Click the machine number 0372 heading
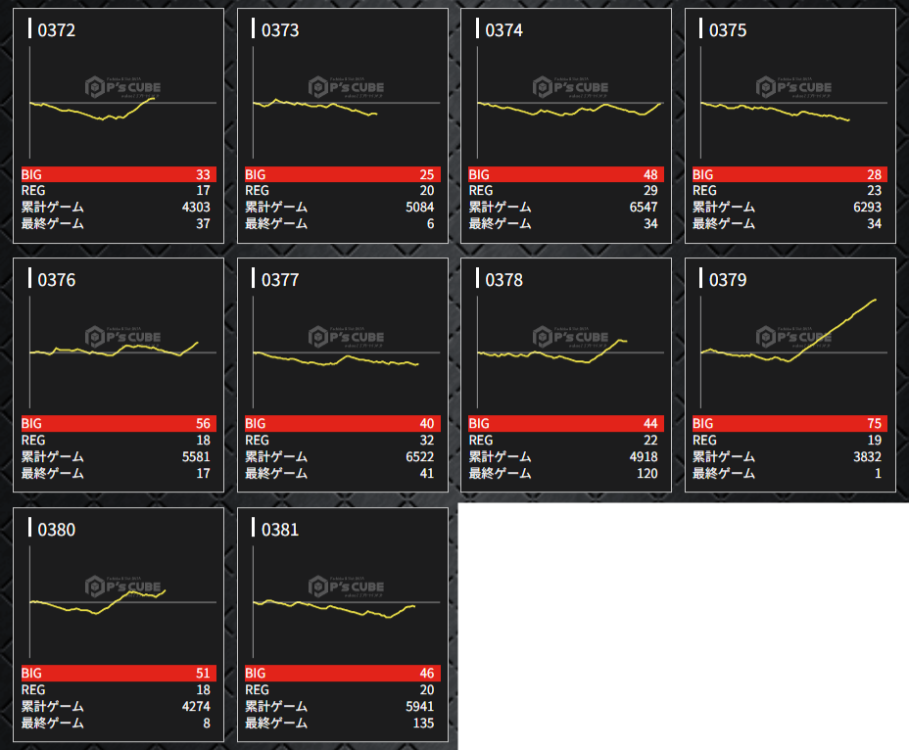(x=57, y=30)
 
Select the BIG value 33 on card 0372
(x=203, y=174)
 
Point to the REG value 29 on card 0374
(x=649, y=190)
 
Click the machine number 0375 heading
(x=728, y=30)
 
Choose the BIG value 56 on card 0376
(x=203, y=424)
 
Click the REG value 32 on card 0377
(x=426, y=440)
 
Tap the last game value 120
(x=646, y=473)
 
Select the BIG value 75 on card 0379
(x=874, y=424)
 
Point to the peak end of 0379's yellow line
(x=875, y=300)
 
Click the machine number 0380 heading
(x=57, y=530)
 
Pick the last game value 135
(x=422, y=723)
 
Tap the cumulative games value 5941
(x=417, y=706)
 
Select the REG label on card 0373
(x=257, y=190)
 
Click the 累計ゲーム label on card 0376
(x=53, y=456)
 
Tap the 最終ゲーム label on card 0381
(x=276, y=723)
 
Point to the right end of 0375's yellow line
(x=848, y=120)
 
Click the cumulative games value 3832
(x=865, y=456)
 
